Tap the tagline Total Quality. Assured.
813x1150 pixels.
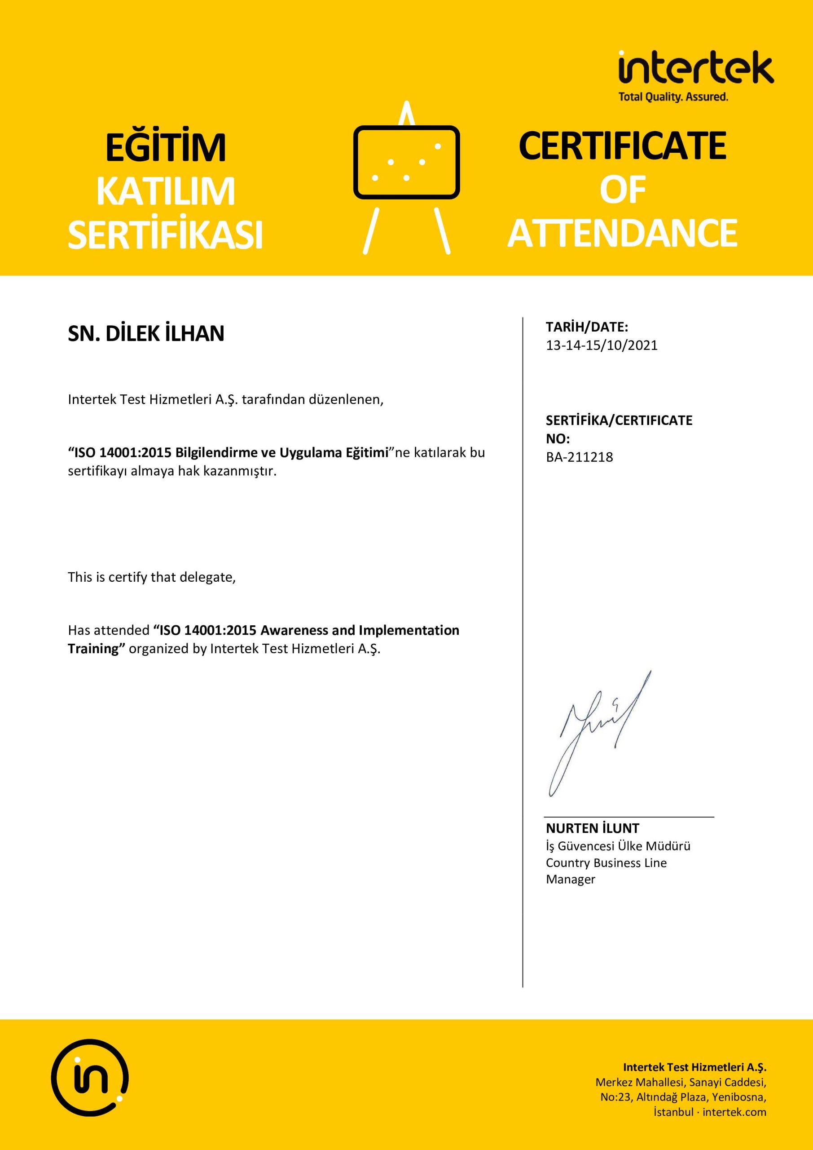coord(673,97)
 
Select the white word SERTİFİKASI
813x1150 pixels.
coord(165,235)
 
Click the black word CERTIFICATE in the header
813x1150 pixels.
coord(622,146)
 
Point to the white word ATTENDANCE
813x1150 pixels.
coord(622,234)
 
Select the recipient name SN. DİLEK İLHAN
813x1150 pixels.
coord(146,334)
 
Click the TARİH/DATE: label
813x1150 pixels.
coord(587,327)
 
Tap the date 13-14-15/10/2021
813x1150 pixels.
coord(602,345)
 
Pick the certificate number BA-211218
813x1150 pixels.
coord(579,457)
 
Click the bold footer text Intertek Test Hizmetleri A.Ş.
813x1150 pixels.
coord(694,1067)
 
